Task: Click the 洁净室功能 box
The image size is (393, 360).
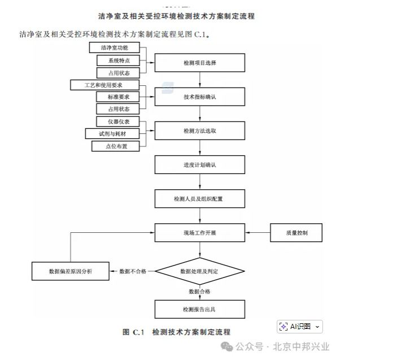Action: click(x=114, y=47)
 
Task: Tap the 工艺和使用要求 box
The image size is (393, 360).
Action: click(x=104, y=85)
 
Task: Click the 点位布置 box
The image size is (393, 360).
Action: click(x=116, y=146)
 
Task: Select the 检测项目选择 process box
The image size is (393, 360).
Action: click(x=200, y=63)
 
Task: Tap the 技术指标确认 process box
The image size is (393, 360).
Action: click(x=200, y=97)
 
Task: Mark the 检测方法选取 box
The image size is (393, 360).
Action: click(x=200, y=131)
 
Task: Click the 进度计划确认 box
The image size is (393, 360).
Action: click(x=200, y=164)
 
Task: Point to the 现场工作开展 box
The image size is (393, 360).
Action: click(x=200, y=232)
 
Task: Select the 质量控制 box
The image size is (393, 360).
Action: click(x=296, y=232)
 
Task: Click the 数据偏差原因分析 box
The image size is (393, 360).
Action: click(x=71, y=272)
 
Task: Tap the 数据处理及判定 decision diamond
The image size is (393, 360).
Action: click(x=200, y=272)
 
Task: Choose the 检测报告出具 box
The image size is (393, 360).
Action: click(x=200, y=309)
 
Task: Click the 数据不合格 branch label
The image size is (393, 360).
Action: click(x=133, y=272)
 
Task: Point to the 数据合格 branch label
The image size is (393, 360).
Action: click(x=200, y=292)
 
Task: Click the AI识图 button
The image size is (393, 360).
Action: click(x=300, y=327)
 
